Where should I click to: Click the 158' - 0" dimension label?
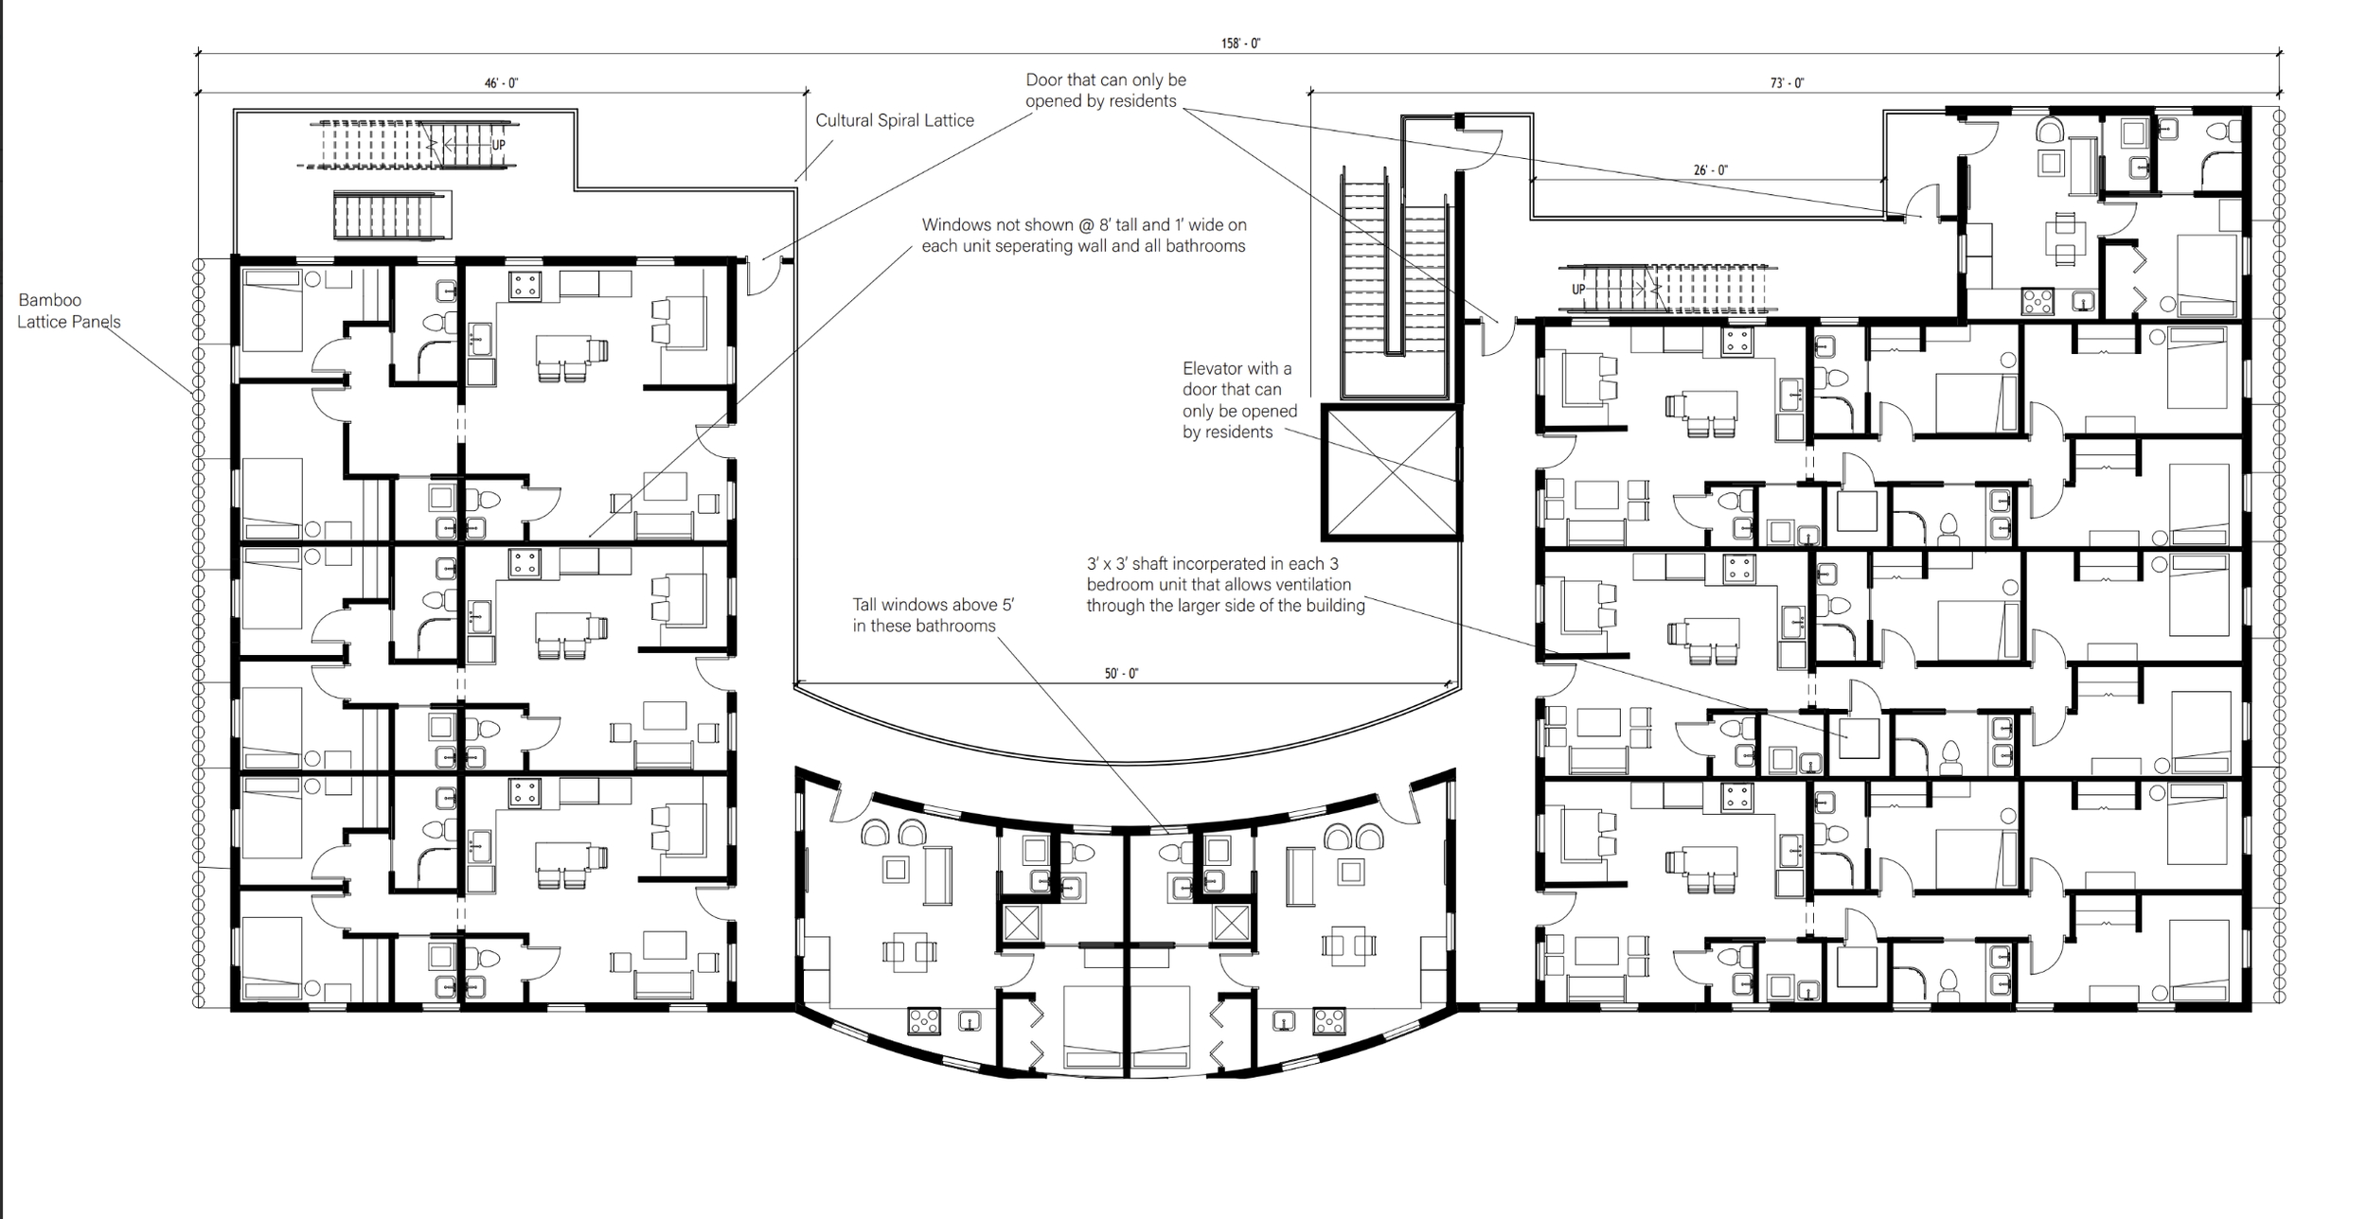1240,44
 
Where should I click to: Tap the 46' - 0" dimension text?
501,83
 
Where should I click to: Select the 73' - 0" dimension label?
1787,83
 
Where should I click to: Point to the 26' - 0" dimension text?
1710,170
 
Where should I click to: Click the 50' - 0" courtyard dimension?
1121,674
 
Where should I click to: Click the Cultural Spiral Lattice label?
895,120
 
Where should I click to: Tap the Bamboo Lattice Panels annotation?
69,310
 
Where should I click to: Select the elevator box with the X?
1391,472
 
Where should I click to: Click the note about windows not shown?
1084,236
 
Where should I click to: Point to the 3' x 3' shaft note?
1225,585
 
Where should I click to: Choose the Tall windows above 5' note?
933,615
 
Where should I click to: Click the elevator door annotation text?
1239,400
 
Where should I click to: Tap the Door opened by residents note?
1106,91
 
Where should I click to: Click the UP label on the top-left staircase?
498,145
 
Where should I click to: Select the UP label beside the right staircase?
1578,290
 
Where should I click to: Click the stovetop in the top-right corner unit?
2038,302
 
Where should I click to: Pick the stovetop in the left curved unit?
923,1021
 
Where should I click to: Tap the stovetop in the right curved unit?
1329,1021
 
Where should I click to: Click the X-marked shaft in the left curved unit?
1022,923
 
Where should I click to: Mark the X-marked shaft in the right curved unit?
1231,923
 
